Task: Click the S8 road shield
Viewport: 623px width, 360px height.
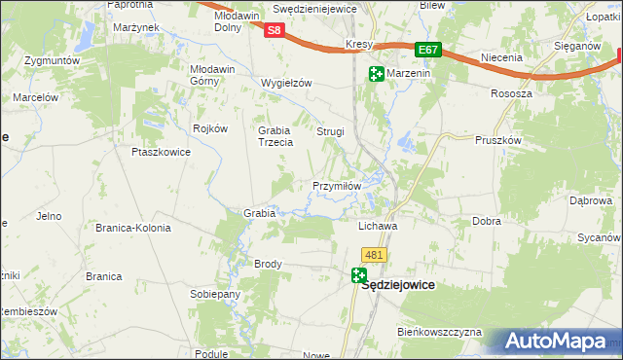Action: [275, 30]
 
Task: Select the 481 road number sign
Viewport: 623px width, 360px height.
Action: [375, 254]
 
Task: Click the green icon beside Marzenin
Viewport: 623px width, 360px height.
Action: [376, 74]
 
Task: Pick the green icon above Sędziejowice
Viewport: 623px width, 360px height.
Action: [360, 276]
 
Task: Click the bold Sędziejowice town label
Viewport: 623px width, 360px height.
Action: [397, 286]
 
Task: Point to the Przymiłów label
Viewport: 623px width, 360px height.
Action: [337, 186]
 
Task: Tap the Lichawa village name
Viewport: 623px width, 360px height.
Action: [379, 226]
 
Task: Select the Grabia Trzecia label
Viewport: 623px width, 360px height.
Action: [275, 136]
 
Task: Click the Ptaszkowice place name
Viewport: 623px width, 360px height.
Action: [159, 152]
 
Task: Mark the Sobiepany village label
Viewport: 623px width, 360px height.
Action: [215, 294]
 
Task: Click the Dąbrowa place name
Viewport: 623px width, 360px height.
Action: [590, 200]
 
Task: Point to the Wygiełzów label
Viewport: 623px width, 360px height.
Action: [286, 83]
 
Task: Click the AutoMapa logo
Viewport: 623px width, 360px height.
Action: [558, 342]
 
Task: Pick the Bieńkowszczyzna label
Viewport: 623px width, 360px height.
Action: [439, 332]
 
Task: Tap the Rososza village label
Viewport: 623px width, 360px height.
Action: [512, 93]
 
